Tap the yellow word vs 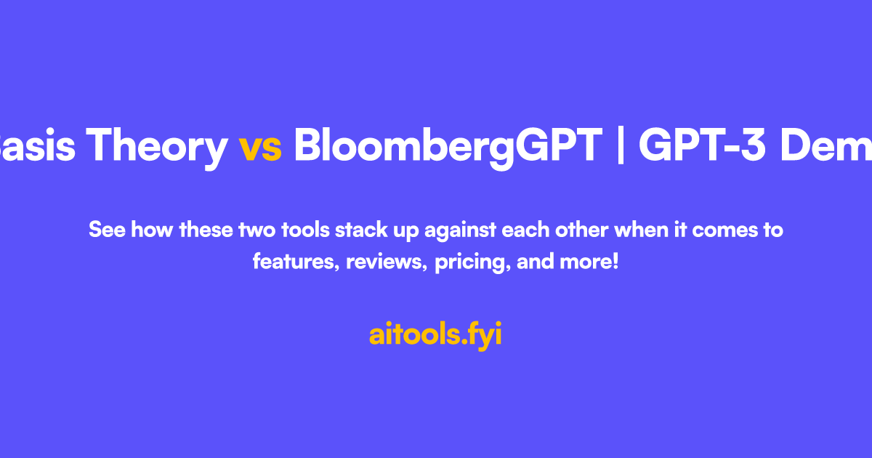(x=260, y=147)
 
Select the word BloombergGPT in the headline (x=448, y=147)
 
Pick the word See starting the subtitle (x=105, y=230)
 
